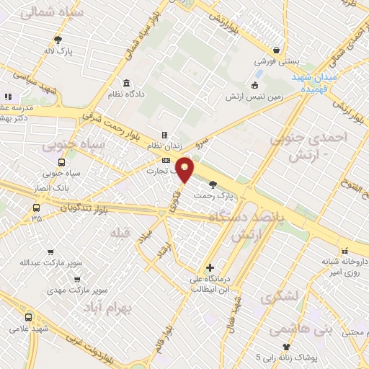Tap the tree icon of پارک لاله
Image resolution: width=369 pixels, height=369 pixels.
(58, 40)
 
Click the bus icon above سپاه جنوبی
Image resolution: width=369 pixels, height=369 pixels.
(61, 162)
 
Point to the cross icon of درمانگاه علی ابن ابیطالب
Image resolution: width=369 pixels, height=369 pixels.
(210, 267)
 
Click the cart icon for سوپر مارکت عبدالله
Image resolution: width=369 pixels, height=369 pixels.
(50, 252)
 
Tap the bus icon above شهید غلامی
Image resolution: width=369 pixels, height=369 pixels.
(28, 317)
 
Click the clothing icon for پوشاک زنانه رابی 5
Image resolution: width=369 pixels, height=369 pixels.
(286, 347)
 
